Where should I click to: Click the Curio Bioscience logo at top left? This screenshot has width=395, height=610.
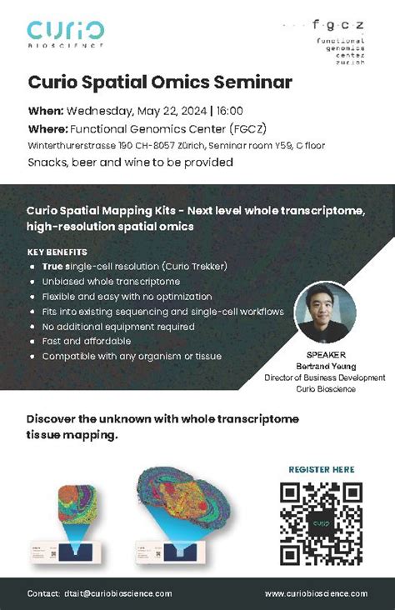[x=66, y=34]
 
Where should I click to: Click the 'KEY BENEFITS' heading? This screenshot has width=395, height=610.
[x=57, y=252]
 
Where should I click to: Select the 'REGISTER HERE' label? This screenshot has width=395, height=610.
[x=322, y=469]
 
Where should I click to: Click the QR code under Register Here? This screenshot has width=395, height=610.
[x=322, y=522]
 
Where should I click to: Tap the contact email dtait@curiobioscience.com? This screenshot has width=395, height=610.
[x=117, y=593]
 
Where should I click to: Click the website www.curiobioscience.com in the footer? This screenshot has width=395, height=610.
[x=316, y=593]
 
